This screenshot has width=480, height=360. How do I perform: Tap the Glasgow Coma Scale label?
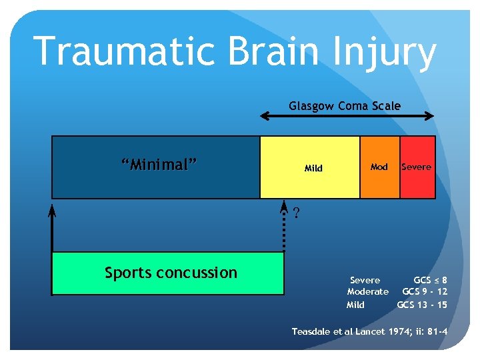[345, 105]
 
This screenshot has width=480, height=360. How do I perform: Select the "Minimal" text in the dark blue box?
[159, 165]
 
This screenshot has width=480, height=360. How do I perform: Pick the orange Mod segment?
[379, 167]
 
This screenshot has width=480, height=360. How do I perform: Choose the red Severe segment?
[417, 167]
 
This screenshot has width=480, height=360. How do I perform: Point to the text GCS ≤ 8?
[430, 280]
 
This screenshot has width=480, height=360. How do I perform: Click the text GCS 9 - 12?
[425, 292]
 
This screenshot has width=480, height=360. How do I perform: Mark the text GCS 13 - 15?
[422, 305]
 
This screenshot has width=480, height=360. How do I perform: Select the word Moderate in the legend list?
[367, 292]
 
